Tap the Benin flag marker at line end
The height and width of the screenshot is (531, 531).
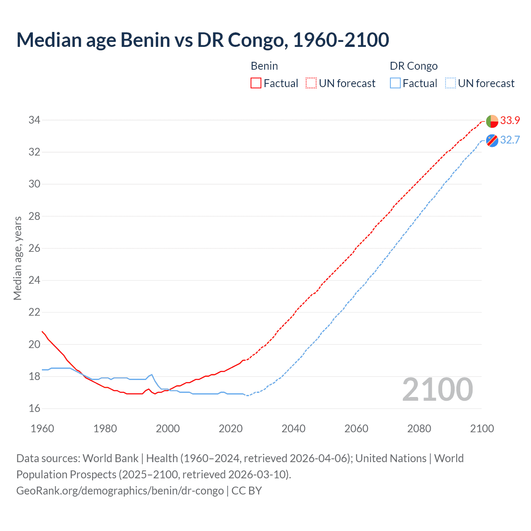[492, 121]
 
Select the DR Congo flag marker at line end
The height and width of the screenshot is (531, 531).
[492, 141]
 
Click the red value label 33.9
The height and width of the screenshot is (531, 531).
[510, 120]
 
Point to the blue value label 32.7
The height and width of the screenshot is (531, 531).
[510, 140]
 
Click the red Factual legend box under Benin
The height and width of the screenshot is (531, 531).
[256, 83]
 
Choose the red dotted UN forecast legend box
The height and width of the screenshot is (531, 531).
[311, 83]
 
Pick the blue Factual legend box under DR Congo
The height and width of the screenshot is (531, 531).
[395, 83]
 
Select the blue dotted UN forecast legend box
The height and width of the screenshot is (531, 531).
[450, 83]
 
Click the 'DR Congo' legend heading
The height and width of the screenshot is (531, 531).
[414, 66]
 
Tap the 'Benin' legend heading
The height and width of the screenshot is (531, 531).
[264, 66]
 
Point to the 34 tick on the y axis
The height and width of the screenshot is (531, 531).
[34, 120]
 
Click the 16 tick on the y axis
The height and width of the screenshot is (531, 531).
[34, 409]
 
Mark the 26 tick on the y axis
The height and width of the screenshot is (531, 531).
[34, 248]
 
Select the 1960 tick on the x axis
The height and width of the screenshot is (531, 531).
[42, 429]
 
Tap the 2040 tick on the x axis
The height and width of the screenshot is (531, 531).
[293, 429]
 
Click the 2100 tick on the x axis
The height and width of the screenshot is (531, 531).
[482, 429]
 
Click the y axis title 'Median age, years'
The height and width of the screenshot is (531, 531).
[17, 258]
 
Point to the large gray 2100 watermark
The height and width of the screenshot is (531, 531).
[437, 390]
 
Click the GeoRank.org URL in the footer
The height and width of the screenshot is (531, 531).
[120, 491]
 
